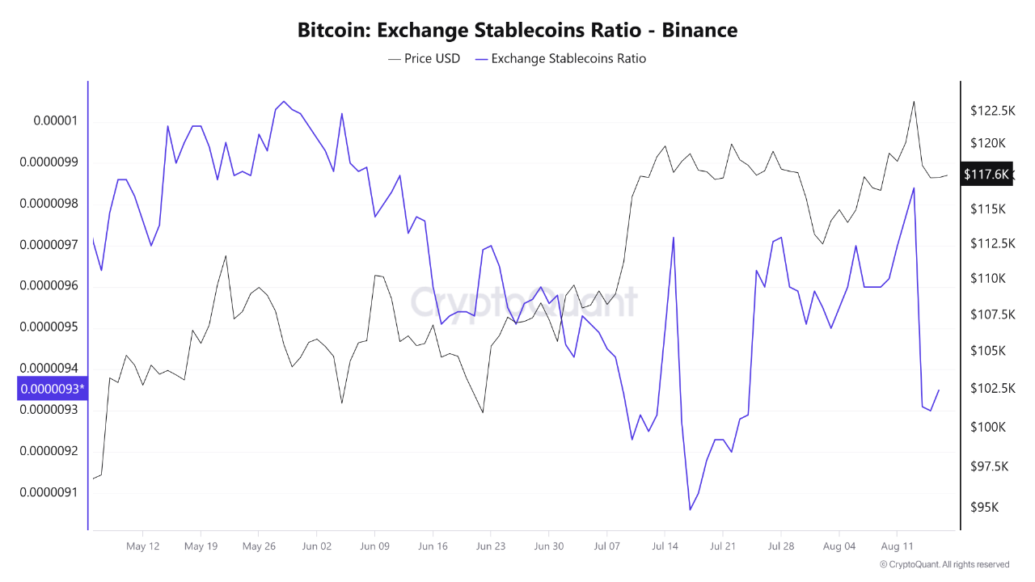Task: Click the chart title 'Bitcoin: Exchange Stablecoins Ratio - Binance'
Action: [517, 31]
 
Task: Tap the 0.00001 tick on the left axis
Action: [55, 121]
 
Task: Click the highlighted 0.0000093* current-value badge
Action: [52, 389]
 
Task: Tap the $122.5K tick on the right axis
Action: [993, 111]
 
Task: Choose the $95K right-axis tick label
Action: [986, 508]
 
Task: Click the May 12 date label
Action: [143, 546]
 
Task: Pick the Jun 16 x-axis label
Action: [433, 546]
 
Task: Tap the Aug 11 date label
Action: [896, 546]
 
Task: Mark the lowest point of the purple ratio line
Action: [690, 509]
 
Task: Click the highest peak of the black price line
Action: [914, 101]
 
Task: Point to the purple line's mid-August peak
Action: [914, 188]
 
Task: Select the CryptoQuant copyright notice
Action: [944, 564]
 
